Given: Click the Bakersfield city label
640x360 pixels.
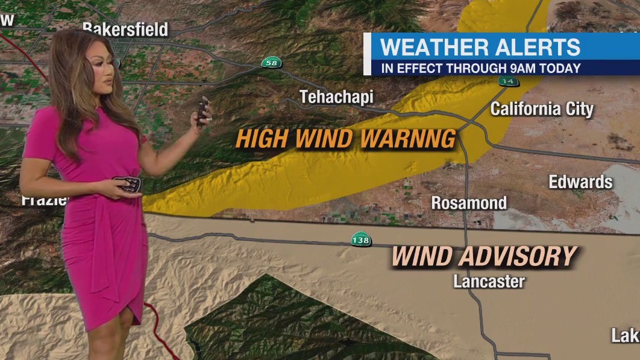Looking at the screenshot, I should click(x=125, y=29).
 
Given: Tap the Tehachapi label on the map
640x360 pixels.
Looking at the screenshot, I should click(x=336, y=96).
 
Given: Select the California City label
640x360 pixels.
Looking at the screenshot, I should click(x=542, y=109).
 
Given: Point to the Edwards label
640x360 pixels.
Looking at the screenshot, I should click(x=580, y=182).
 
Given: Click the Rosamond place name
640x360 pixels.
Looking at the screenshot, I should click(x=469, y=203).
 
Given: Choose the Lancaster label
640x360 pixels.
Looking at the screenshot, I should click(x=489, y=281).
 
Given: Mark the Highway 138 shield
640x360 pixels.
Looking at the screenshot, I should click(x=360, y=240).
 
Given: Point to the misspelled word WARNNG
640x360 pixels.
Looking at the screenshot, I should click(x=407, y=139).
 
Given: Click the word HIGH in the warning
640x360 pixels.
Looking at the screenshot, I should click(x=262, y=139).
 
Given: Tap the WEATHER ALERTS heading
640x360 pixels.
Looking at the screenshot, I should click(x=480, y=46).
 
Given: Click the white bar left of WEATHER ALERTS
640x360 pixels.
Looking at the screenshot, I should click(x=367, y=54).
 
